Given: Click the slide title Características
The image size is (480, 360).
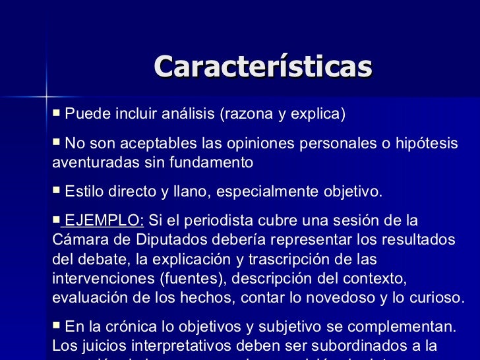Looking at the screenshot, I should [x=262, y=67].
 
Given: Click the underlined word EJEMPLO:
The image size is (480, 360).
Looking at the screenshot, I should [x=105, y=220].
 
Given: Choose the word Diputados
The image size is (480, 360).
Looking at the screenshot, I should [x=173, y=238].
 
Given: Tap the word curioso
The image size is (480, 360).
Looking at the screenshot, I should [x=438, y=297].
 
